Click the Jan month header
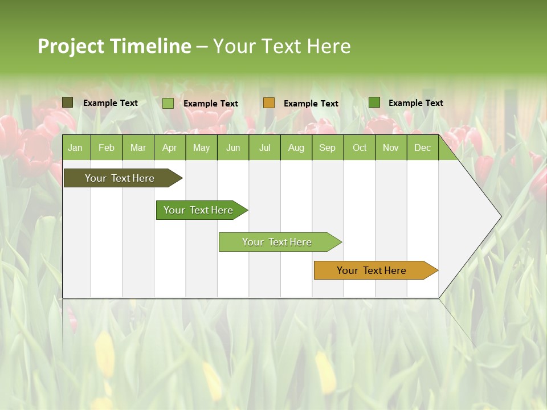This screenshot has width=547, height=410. click(76, 147)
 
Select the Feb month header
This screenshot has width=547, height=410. click(107, 147)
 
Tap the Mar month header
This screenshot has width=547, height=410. click(138, 147)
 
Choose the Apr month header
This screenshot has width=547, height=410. click(169, 147)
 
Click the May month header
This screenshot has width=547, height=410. click(201, 147)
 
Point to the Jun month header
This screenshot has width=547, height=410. click(233, 147)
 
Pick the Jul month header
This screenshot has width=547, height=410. click(264, 147)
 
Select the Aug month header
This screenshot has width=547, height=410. click(296, 147)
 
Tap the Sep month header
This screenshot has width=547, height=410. click(327, 147)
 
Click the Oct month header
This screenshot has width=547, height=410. click(360, 147)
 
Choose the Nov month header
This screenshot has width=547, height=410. click(391, 147)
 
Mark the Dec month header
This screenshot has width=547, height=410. click(422, 147)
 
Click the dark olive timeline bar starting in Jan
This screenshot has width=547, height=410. click(120, 178)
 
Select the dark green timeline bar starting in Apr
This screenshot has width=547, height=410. click(199, 210)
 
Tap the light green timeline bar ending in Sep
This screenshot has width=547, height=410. click(277, 242)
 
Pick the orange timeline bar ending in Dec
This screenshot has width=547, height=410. click(372, 270)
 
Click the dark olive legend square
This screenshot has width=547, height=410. click(68, 102)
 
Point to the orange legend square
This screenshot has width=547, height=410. click(269, 103)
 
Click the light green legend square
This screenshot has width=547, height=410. click(168, 103)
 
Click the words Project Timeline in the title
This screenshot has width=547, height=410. click(114, 46)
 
